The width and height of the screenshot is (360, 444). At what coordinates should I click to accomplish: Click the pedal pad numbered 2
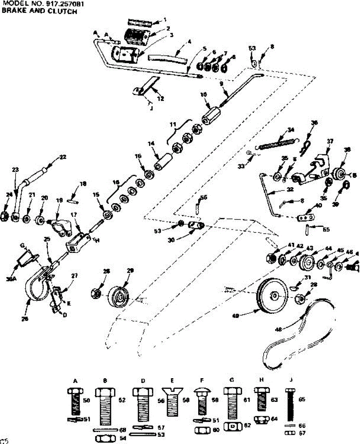coord(135,36)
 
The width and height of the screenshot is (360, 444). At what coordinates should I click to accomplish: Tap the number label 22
coord(63,157)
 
